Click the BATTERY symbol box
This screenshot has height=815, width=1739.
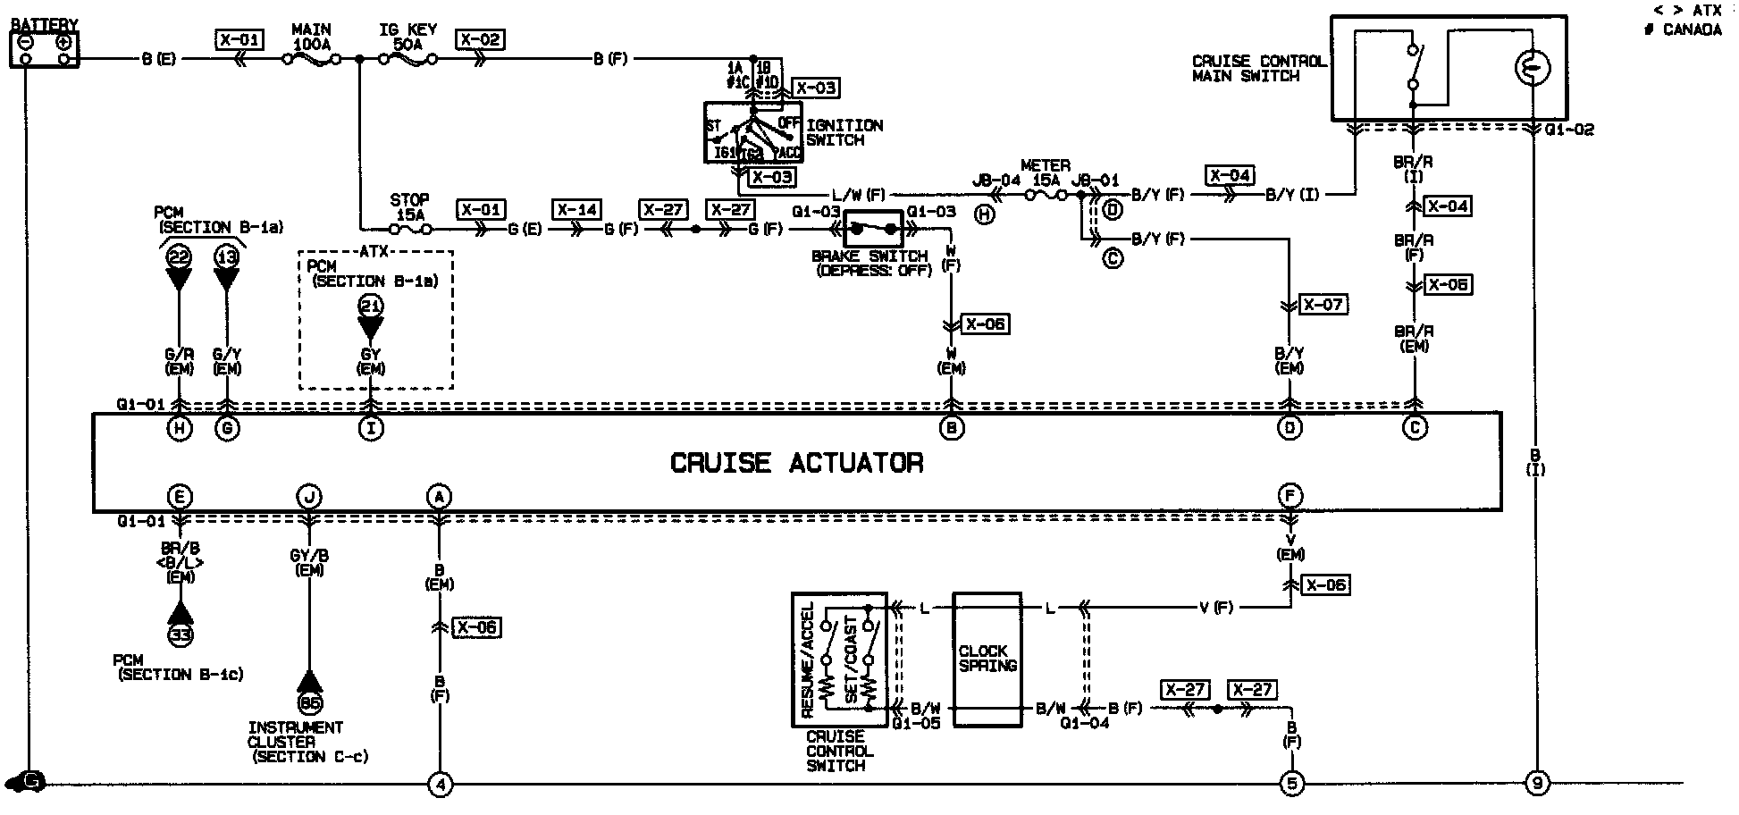coord(44,49)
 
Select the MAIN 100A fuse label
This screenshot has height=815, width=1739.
coord(311,37)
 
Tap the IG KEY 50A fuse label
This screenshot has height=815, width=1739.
coord(408,37)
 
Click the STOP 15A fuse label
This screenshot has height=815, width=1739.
coord(409,207)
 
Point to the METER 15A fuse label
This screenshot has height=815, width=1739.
coord(1045,173)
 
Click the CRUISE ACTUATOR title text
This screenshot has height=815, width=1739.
coord(796,463)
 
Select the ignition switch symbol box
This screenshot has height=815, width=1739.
coord(753,132)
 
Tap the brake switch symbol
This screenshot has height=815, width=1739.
coord(873,230)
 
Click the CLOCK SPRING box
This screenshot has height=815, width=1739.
coord(987,659)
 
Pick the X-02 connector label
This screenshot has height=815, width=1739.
coord(480,39)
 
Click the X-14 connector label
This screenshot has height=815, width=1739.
coord(576,210)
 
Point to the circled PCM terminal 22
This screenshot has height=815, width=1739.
coord(180,256)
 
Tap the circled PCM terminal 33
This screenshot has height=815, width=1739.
coord(181,635)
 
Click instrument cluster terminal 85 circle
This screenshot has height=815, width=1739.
coord(310,702)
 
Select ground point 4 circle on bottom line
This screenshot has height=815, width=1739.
coord(440,785)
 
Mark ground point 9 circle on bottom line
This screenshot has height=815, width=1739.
coord(1536,785)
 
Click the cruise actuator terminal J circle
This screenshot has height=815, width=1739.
coord(309,497)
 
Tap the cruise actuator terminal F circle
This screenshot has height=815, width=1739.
coord(1290,496)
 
